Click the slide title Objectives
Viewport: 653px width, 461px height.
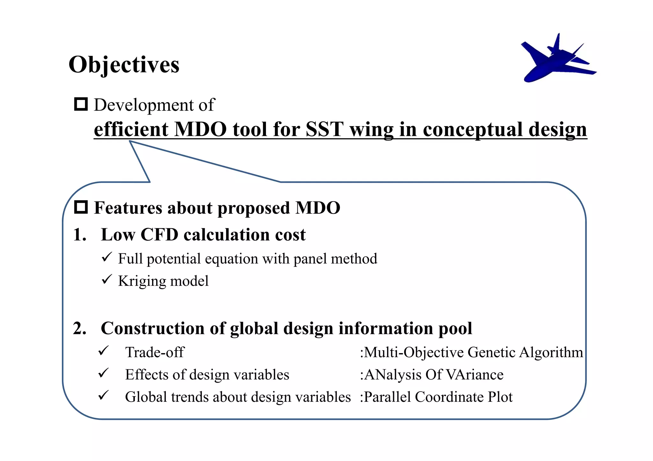pyautogui.click(x=124, y=65)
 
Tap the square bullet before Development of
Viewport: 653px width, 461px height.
pyautogui.click(x=81, y=104)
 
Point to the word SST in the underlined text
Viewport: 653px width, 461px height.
pyautogui.click(x=324, y=130)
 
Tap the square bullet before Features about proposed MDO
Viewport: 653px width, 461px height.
pyautogui.click(x=81, y=207)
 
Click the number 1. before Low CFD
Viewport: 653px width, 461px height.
pyautogui.click(x=79, y=235)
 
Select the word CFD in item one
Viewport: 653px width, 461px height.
pyautogui.click(x=159, y=235)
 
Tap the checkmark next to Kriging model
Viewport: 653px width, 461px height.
pyautogui.click(x=106, y=279)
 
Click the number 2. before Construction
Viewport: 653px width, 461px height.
pyautogui.click(x=79, y=329)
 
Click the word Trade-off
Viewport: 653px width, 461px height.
pyautogui.click(x=155, y=352)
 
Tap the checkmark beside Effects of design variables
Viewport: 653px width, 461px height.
pyautogui.click(x=104, y=373)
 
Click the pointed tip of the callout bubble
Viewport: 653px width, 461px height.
pyautogui.click(x=130, y=141)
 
